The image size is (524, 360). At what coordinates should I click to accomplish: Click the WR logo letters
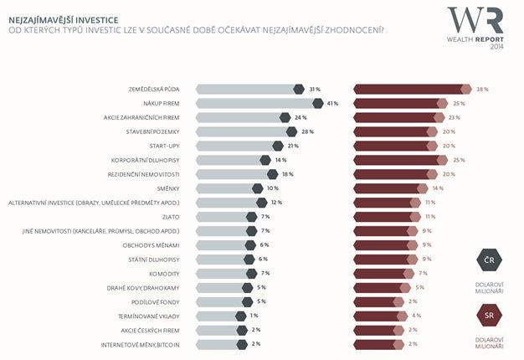tap(475, 20)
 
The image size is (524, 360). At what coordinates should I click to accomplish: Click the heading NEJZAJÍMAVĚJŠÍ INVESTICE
tap(62, 18)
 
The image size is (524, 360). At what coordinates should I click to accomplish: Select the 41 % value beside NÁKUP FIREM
tap(332, 103)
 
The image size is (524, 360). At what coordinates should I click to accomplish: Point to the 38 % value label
tap(482, 89)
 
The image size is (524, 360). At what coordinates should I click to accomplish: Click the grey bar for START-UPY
tap(236, 146)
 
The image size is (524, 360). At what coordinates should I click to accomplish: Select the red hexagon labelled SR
tap(489, 316)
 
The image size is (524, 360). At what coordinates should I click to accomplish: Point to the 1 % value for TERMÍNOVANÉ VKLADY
tap(254, 316)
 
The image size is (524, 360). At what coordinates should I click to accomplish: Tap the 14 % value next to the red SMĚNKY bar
tap(438, 188)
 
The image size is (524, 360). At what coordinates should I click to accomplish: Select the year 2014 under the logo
tap(498, 47)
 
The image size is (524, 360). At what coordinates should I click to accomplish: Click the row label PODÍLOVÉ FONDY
tap(157, 301)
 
